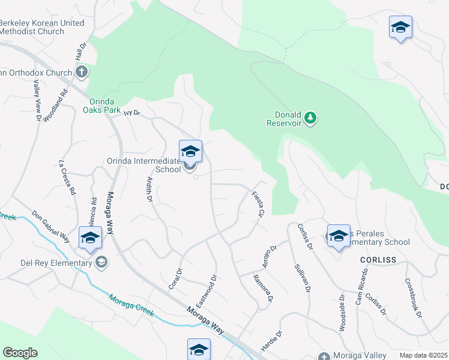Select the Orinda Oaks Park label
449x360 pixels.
coord(107,106)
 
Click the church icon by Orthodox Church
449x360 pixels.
coord(82,73)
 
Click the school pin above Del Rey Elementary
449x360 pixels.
coord(90,238)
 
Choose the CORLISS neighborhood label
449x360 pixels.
coord(380,260)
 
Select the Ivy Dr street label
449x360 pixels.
coord(131,112)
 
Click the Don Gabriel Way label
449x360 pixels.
coord(51,226)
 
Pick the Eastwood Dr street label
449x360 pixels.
coord(206,290)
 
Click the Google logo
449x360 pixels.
coord(20,353)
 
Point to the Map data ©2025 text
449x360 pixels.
coord(423,355)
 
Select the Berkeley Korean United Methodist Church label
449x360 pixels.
coord(42,27)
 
